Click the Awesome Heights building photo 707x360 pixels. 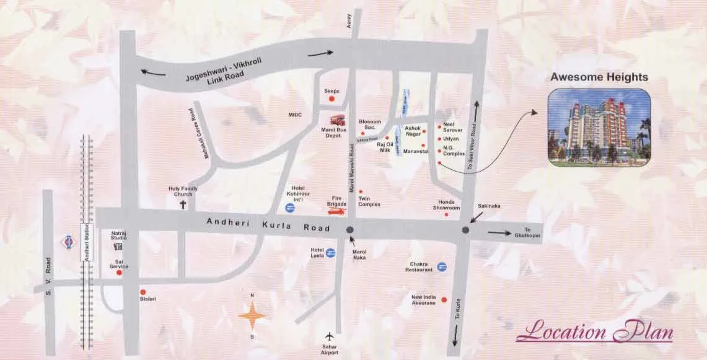pyautogui.click(x=599, y=127)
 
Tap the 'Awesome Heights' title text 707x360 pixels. pyautogui.click(x=599, y=77)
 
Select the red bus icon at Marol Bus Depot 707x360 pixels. pyautogui.click(x=337, y=120)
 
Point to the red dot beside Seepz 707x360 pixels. pyautogui.click(x=332, y=99)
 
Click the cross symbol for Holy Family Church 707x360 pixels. pyautogui.click(x=183, y=204)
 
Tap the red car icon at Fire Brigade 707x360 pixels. pyautogui.click(x=336, y=212)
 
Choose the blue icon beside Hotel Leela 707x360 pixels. pyautogui.click(x=331, y=252)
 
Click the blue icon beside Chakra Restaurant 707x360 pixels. pyautogui.click(x=442, y=266)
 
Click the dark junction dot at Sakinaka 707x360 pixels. pyautogui.click(x=466, y=230)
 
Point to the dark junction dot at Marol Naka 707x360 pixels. pyautogui.click(x=351, y=229)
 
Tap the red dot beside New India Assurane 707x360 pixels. pyautogui.click(x=444, y=300)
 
